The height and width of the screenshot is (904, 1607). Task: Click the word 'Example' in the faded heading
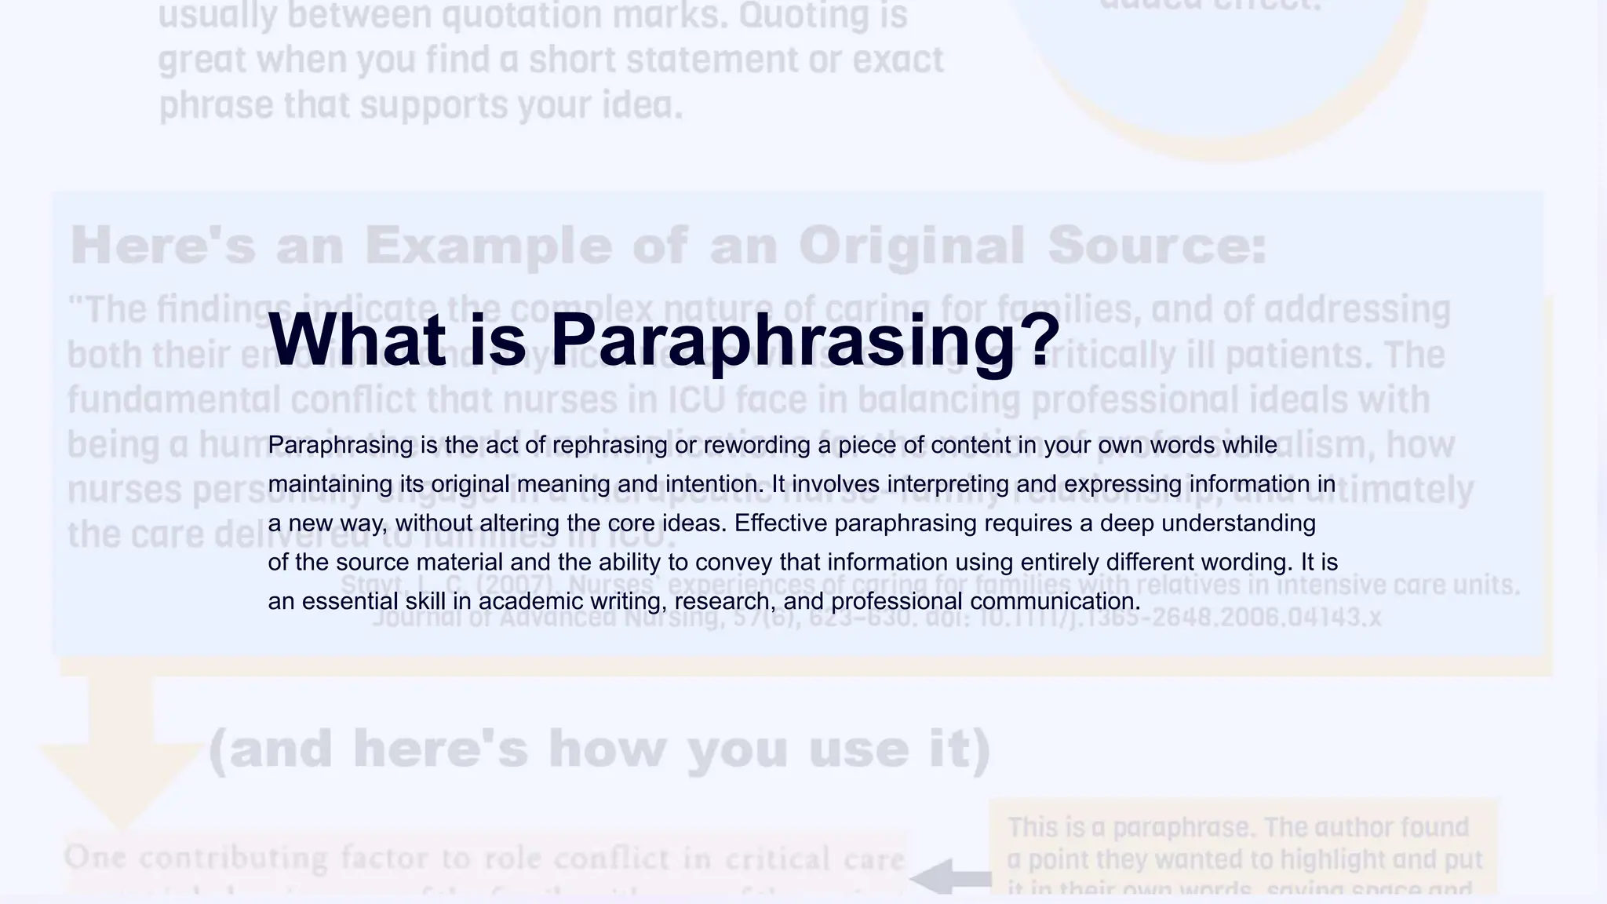tap(488, 246)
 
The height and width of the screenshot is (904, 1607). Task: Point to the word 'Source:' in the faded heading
tap(1157, 246)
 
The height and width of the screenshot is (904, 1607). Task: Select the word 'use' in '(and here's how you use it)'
tap(859, 749)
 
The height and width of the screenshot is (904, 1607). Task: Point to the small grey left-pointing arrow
tap(949, 877)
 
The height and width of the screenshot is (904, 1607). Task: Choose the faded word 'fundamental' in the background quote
tap(173, 400)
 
